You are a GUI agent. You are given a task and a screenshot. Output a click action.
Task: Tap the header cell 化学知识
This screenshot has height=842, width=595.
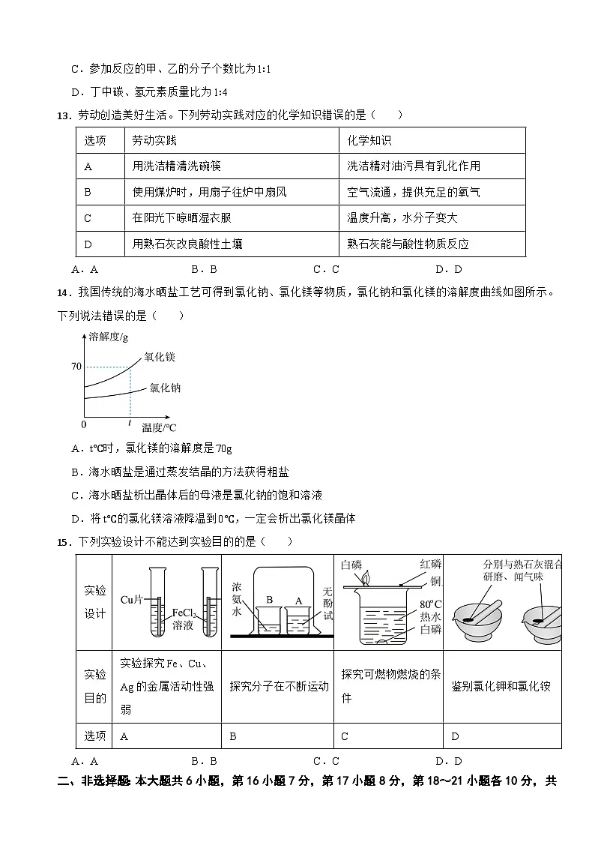pyautogui.click(x=369, y=141)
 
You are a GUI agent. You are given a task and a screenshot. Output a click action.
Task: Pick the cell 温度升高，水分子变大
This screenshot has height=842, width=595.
pyautogui.click(x=402, y=217)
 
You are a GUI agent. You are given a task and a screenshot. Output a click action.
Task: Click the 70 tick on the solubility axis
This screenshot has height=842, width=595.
pyautogui.click(x=76, y=367)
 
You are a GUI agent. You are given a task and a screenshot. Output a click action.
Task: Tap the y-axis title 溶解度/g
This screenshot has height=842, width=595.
pyautogui.click(x=109, y=336)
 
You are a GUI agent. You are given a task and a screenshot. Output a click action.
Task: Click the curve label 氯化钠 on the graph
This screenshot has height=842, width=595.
pyautogui.click(x=165, y=388)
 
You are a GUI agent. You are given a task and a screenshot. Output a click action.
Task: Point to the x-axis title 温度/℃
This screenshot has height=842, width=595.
pyautogui.click(x=159, y=427)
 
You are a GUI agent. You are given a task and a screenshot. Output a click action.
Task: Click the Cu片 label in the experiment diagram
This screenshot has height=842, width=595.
pyautogui.click(x=132, y=599)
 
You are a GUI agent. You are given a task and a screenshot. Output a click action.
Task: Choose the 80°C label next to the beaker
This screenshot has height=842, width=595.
pyautogui.click(x=431, y=604)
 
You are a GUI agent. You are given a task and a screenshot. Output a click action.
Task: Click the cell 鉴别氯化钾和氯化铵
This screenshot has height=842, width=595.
pyautogui.click(x=501, y=686)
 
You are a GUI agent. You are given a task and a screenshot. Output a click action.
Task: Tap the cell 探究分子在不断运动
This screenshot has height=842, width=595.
pyautogui.click(x=279, y=686)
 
